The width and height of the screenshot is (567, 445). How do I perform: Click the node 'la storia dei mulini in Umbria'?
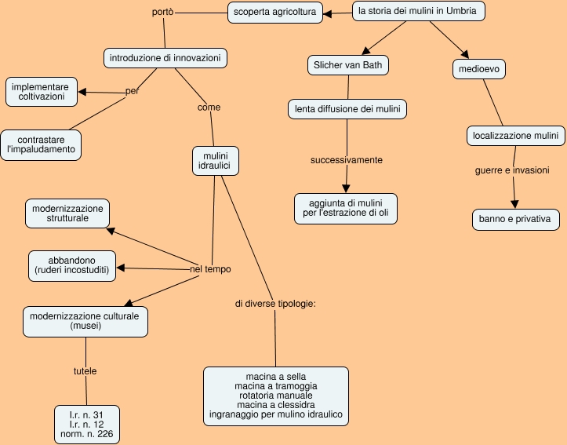pos(417,12)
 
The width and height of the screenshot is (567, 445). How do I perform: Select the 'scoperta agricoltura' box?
pos(274,13)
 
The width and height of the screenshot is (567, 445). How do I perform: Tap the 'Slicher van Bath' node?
pos(347,65)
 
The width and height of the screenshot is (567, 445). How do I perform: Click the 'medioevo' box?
pos(479,70)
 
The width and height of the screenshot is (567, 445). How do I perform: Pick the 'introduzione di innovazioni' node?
pos(165,58)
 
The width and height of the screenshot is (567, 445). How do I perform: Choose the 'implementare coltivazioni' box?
pos(44,92)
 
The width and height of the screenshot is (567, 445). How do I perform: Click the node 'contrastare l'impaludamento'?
pos(41,144)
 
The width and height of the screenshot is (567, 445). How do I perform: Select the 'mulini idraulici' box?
pos(216,160)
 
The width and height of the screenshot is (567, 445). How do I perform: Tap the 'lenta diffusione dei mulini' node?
pos(347,109)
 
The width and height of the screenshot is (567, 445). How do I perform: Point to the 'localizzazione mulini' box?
pos(515,136)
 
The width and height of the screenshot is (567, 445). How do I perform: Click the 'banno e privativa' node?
pos(514,219)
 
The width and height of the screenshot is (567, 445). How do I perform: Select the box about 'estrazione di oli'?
pos(346,207)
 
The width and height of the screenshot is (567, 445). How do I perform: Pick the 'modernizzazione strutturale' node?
pos(67,213)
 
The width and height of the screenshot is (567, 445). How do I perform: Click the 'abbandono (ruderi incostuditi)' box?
pos(71,265)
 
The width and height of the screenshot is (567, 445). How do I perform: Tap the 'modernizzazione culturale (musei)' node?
pos(84,321)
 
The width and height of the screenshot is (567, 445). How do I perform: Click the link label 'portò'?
pos(162,13)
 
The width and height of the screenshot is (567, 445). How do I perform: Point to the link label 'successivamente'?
pos(346,160)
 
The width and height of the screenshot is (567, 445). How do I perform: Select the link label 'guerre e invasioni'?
pos(512,170)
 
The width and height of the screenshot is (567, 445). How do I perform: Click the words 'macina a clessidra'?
pos(275,404)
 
